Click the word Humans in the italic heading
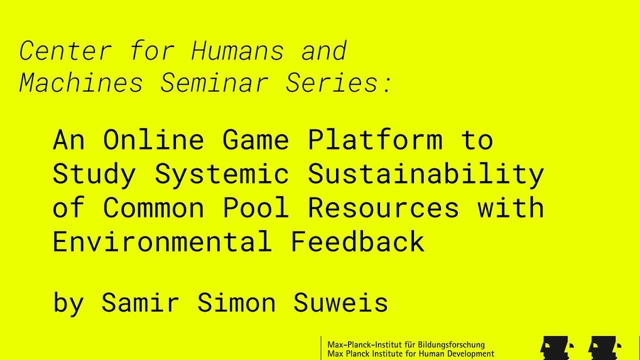(x=237, y=51)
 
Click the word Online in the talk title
(x=153, y=139)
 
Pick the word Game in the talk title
(x=256, y=139)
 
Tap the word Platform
(x=375, y=139)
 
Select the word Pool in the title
(x=256, y=207)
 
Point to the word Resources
(x=384, y=207)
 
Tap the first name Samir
(x=140, y=302)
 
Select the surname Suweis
(x=340, y=302)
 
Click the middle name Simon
(x=236, y=302)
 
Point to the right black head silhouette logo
(x=604, y=349)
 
